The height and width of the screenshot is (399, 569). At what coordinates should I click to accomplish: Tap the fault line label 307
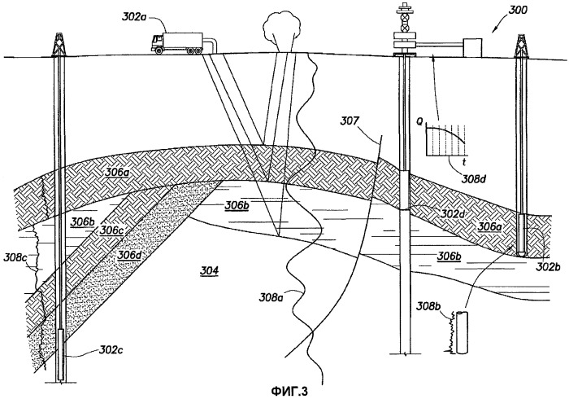pos(350,125)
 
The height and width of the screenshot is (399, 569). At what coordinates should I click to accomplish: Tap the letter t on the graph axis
pos(450,160)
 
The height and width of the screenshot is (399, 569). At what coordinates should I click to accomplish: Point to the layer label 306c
pos(111,230)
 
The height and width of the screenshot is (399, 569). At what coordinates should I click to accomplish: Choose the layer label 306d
pos(128,255)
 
